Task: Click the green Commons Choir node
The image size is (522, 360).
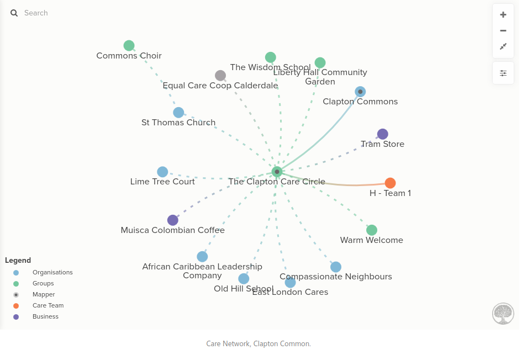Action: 129,46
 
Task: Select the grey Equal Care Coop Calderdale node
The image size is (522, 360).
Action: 220,76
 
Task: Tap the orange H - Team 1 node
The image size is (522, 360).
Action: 390,183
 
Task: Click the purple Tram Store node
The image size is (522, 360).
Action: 382,134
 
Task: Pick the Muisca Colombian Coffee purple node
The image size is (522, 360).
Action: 173,220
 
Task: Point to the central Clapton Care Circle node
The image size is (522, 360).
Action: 277,172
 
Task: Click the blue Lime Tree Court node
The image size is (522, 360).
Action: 162,172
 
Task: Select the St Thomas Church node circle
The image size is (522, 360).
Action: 178,113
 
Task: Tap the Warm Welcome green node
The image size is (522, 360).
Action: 372,230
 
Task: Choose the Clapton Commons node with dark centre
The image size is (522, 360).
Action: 360,92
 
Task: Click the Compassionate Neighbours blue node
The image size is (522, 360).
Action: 336,267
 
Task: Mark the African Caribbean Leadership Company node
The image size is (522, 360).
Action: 202,257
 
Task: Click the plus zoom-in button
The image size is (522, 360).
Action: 503,15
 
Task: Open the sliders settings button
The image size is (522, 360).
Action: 503,73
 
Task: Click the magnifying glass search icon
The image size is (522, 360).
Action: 14,13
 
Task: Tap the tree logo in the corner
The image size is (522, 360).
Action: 503,314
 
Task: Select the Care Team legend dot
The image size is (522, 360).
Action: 16,306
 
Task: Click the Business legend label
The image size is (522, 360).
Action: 46,316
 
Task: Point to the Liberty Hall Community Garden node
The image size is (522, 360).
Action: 320,62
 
